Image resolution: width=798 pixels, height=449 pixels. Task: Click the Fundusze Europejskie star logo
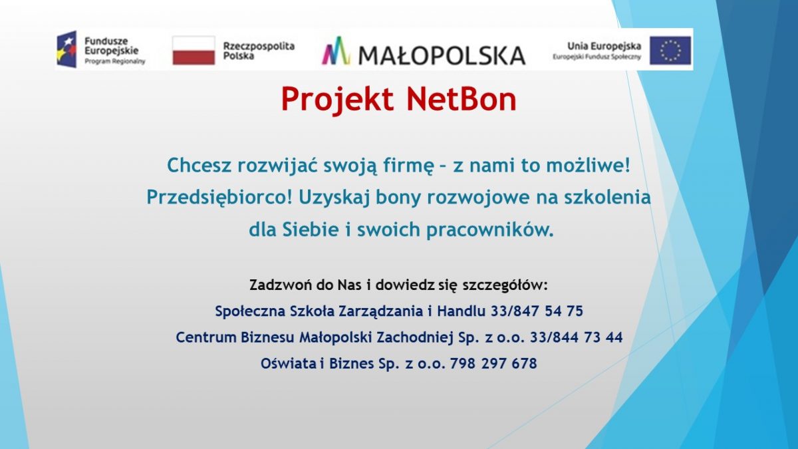click(x=66, y=49)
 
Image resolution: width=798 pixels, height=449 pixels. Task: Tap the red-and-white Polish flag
click(x=194, y=51)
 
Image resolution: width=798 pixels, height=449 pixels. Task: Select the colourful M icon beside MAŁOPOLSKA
click(x=336, y=51)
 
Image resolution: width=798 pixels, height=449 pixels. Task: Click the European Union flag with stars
click(x=670, y=51)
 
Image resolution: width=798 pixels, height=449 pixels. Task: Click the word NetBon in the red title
click(x=462, y=99)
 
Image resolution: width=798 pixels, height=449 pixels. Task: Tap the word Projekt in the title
click(x=337, y=100)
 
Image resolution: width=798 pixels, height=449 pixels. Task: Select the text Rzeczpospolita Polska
click(x=259, y=51)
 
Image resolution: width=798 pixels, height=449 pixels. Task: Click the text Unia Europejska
click(x=604, y=46)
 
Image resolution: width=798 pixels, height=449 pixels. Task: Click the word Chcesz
click(x=199, y=166)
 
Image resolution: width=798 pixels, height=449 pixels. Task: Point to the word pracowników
click(x=490, y=230)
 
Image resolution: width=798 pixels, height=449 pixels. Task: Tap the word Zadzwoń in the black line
click(x=281, y=285)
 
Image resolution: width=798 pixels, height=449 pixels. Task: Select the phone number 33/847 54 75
click(x=537, y=311)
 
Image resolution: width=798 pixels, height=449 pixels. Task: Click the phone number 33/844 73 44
click(x=577, y=337)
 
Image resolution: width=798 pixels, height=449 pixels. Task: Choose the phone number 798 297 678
click(x=493, y=363)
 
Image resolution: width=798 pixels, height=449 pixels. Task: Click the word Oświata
click(x=288, y=363)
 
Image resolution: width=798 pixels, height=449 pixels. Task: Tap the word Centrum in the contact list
click(x=206, y=337)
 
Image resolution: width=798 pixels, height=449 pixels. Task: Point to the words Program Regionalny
click(x=114, y=61)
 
